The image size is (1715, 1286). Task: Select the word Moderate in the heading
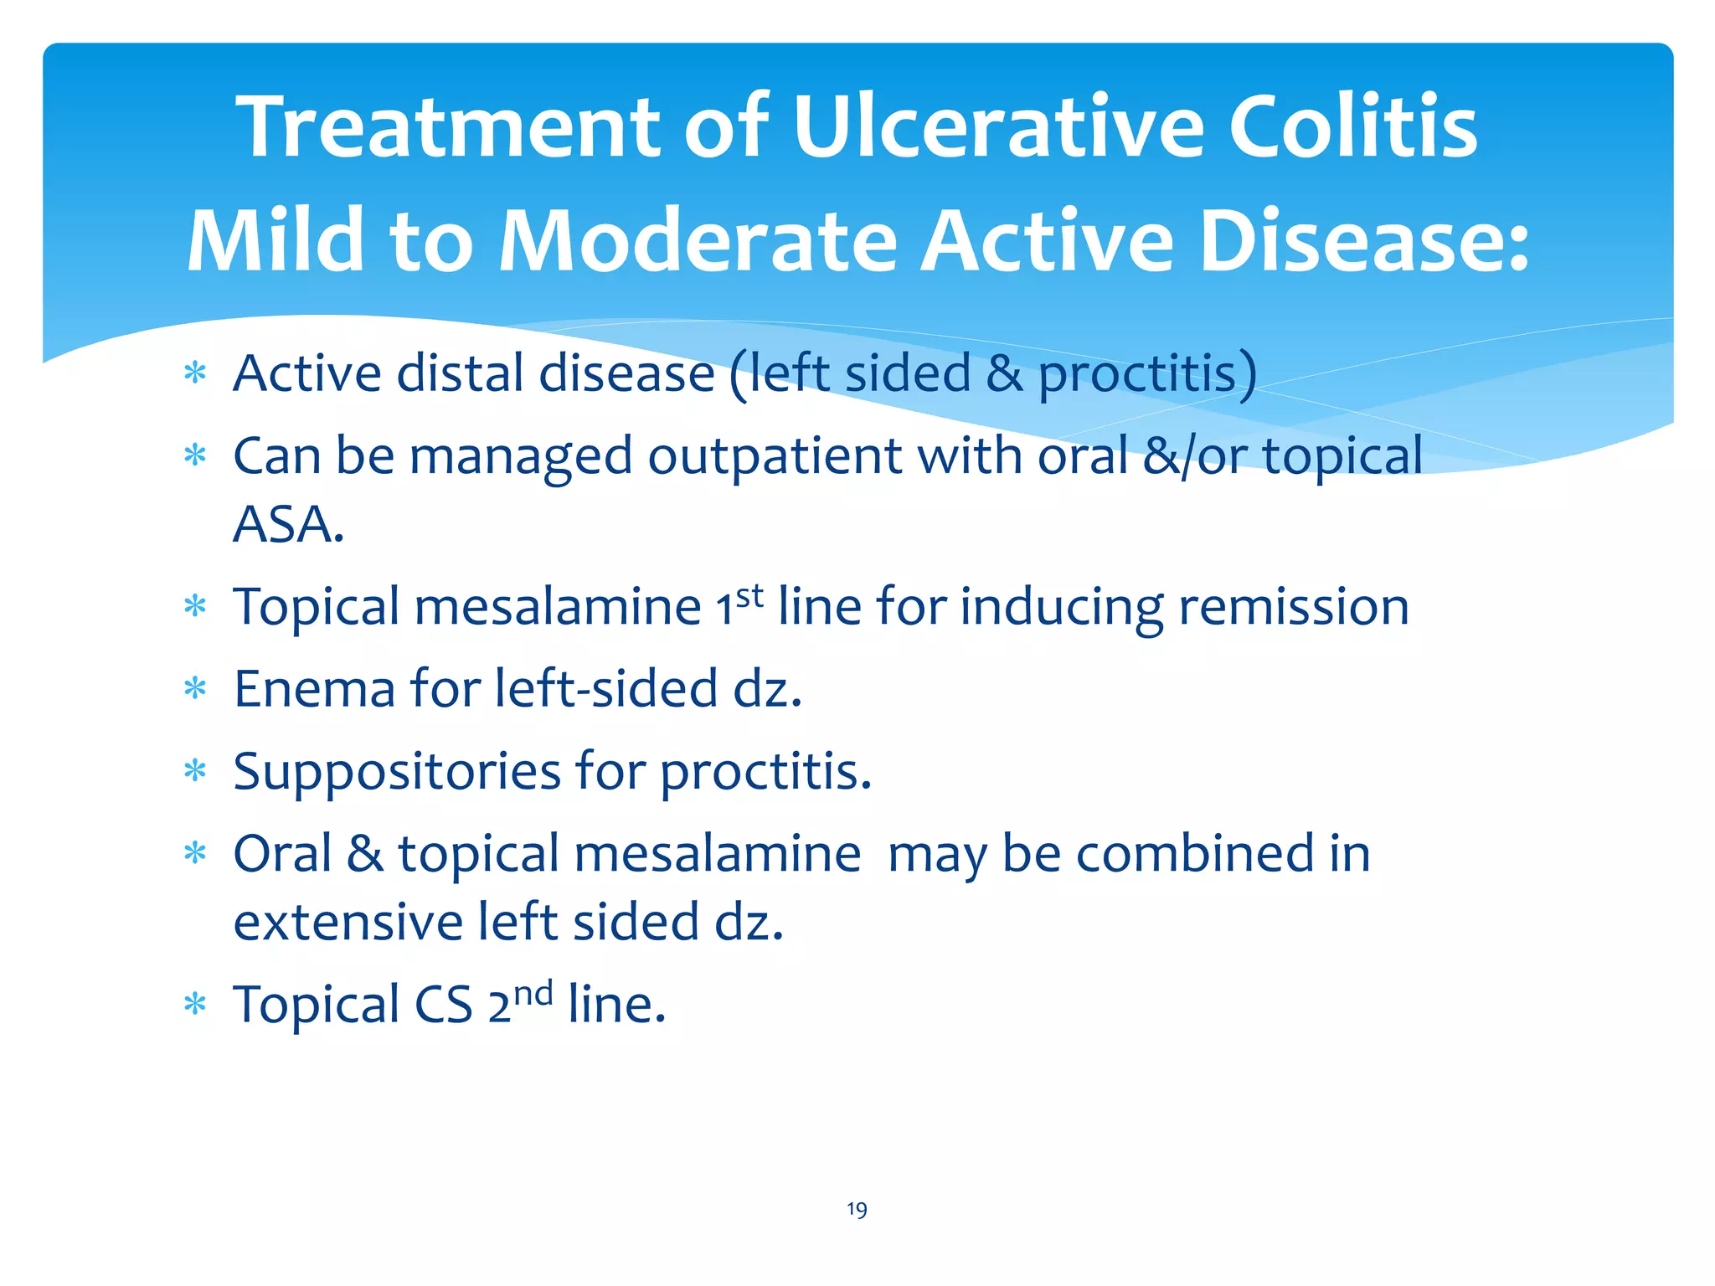pyautogui.click(x=698, y=242)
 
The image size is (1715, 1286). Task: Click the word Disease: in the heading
pyautogui.click(x=1364, y=242)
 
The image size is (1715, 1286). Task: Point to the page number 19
pyautogui.click(x=857, y=1209)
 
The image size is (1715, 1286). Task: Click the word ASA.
pyautogui.click(x=288, y=526)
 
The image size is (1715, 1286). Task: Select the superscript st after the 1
pyautogui.click(x=749, y=596)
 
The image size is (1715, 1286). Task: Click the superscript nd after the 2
pyautogui.click(x=533, y=994)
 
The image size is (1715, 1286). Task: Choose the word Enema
pyautogui.click(x=314, y=690)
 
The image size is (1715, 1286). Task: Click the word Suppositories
pyautogui.click(x=397, y=772)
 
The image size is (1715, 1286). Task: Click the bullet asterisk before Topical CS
pyautogui.click(x=195, y=1005)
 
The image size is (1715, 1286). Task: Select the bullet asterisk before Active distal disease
pyautogui.click(x=195, y=373)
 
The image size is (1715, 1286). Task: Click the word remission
pyautogui.click(x=1294, y=607)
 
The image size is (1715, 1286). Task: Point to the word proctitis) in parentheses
pyautogui.click(x=1147, y=373)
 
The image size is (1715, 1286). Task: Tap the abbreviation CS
pyautogui.click(x=444, y=1005)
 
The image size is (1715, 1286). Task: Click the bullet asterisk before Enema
pyautogui.click(x=195, y=690)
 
